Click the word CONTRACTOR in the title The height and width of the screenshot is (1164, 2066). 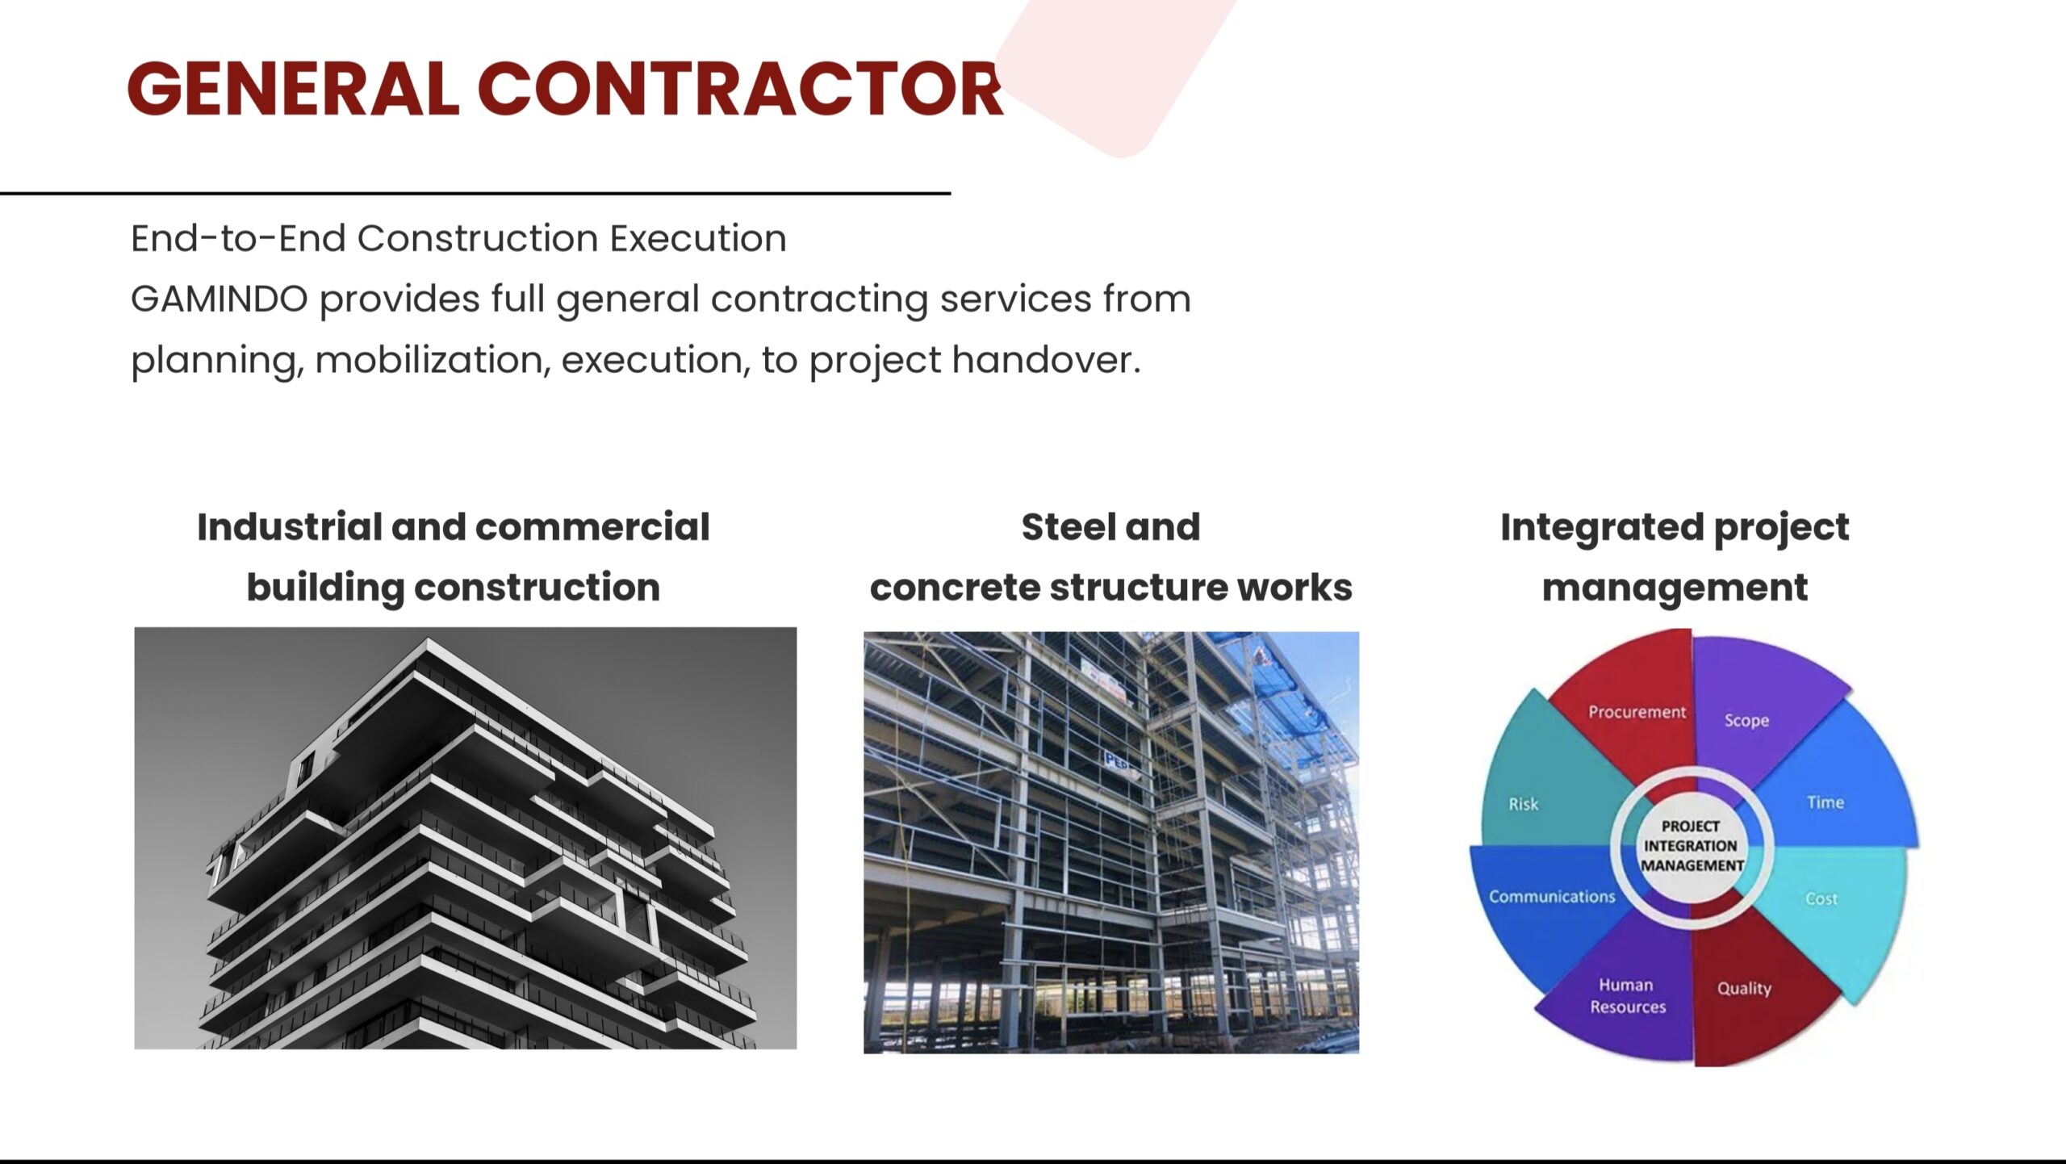741,88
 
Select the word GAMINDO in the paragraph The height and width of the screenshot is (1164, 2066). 220,299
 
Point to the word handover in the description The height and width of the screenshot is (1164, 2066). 1046,359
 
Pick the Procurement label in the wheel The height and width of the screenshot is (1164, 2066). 1637,712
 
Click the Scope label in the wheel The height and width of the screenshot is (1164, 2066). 1746,721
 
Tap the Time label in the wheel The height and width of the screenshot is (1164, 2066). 1825,802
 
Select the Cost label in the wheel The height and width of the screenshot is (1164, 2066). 1821,898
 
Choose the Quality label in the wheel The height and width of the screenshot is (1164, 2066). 1744,989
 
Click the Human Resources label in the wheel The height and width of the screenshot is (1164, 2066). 1628,996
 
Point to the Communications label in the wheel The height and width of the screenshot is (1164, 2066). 1552,897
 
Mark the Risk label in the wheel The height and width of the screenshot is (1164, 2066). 1524,804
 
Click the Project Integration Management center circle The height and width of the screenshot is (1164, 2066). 1692,846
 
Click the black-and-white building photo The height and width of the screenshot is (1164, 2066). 465,838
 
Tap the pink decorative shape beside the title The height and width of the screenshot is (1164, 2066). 1118,73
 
